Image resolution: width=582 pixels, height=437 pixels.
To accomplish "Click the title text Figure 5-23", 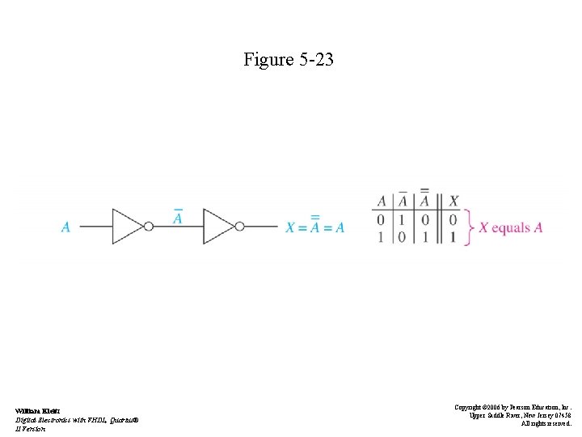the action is (289, 59).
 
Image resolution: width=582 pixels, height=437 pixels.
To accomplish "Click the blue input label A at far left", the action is (65, 227).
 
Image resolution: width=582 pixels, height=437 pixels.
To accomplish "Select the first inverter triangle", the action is (127, 227).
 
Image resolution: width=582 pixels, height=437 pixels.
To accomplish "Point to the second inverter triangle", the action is (217, 227).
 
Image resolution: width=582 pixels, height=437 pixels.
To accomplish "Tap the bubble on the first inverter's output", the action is (149, 227).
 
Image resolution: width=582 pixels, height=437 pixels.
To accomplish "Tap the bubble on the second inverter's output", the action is (239, 227).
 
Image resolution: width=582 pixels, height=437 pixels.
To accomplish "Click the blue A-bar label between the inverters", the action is (178, 218).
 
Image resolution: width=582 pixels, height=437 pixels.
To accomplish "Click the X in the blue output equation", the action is (290, 227).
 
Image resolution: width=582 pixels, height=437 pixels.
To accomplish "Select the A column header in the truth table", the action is (382, 201).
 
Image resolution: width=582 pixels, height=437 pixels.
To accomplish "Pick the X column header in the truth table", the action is (453, 201).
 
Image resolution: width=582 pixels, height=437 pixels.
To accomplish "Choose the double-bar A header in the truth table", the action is (424, 199).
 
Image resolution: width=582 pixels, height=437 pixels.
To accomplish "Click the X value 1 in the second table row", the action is (453, 237).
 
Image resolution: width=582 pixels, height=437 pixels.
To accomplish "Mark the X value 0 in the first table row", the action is (453, 219).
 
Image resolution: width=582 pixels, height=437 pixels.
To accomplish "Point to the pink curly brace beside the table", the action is (468, 227).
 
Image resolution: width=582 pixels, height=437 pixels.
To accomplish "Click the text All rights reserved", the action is (546, 423).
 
